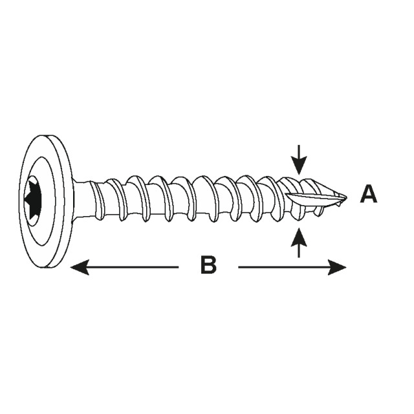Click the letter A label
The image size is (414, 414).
pyautogui.click(x=368, y=194)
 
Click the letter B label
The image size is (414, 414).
pyautogui.click(x=208, y=265)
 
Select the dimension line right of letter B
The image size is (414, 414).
pyautogui.click(x=285, y=267)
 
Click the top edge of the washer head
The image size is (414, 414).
pyautogui.click(x=41, y=138)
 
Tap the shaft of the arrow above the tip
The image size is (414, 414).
pyautogui.click(x=298, y=153)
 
